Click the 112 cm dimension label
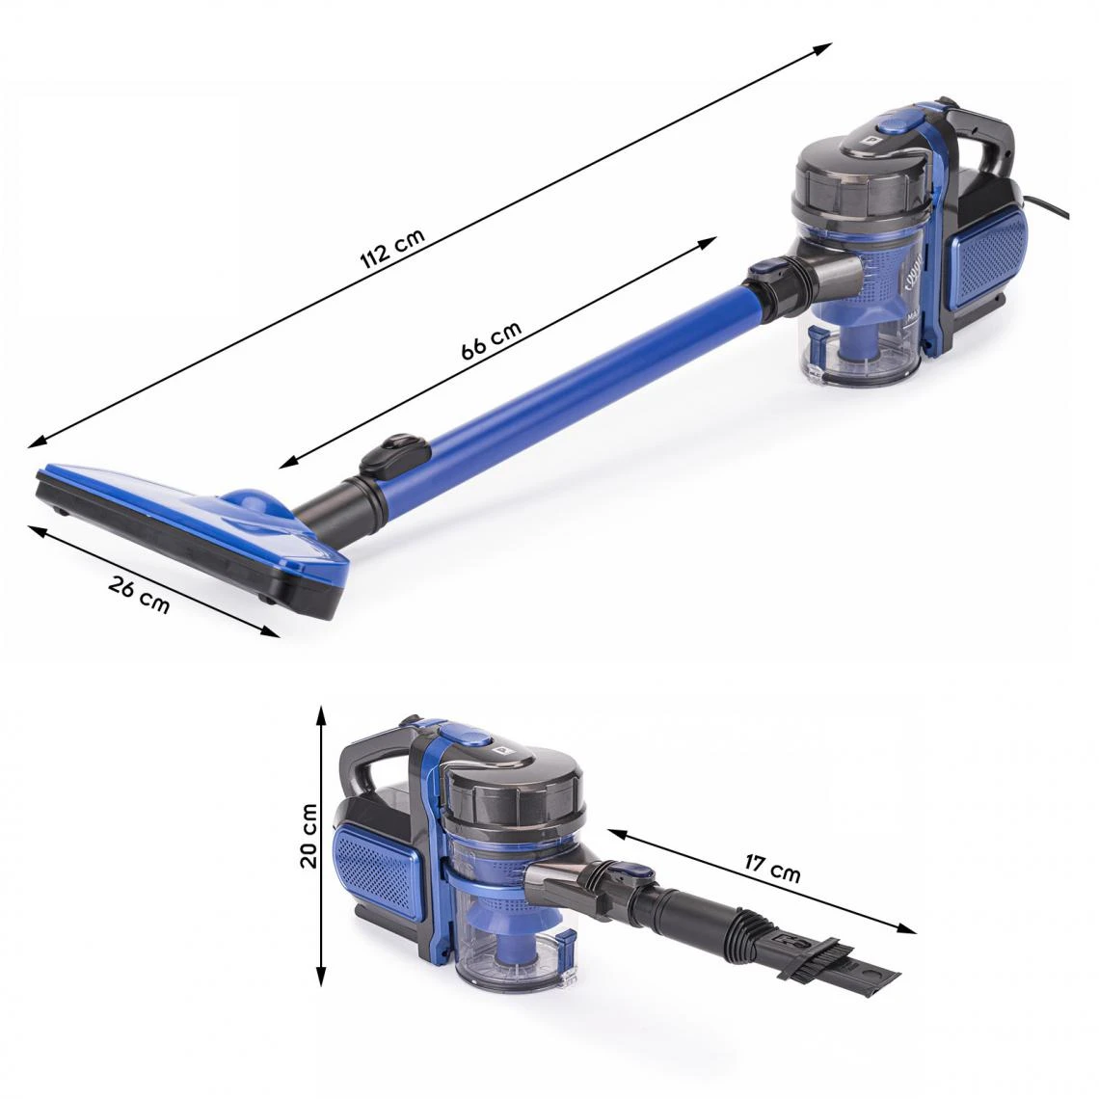[392, 249]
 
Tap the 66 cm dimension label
[492, 340]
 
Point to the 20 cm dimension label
[309, 836]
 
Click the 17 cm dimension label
[771, 868]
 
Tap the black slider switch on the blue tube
[394, 456]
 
